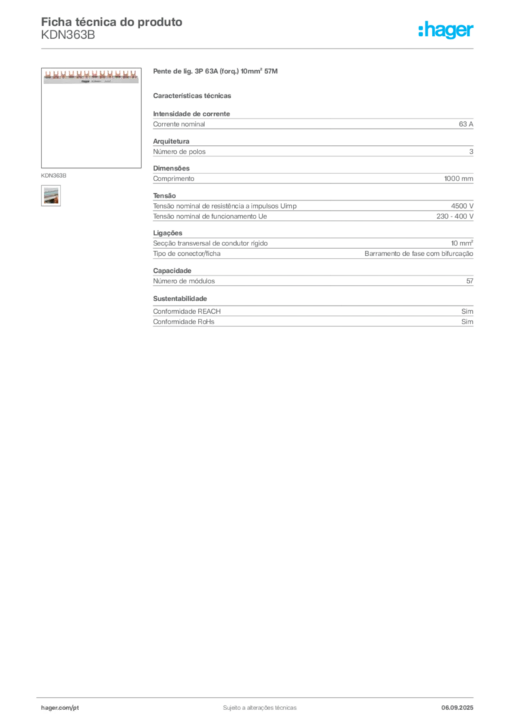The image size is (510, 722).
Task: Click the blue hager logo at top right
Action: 447,30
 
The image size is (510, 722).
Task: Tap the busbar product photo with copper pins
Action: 90,76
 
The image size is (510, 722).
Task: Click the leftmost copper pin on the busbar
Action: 46,73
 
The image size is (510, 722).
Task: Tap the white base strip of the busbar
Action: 90,81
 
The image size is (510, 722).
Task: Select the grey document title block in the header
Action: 113,28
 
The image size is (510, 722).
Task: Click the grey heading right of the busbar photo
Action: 217,73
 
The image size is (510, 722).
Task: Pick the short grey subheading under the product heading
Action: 194,95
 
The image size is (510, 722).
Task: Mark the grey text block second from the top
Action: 313,148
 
